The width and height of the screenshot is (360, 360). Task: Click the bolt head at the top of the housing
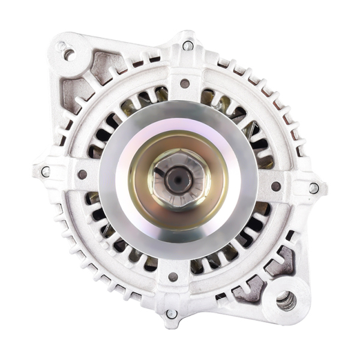coord(188,46)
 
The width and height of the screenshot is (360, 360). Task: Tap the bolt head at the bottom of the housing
coord(172,314)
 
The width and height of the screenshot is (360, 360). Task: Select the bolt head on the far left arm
coord(46,172)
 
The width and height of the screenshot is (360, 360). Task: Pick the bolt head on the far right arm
coord(314,188)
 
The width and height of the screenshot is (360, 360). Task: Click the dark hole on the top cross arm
coord(185,83)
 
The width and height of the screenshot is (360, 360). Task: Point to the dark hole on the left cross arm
coord(83,175)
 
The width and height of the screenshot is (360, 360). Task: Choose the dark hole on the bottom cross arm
coord(173,277)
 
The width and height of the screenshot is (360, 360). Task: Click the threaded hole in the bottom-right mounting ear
coord(286,300)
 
